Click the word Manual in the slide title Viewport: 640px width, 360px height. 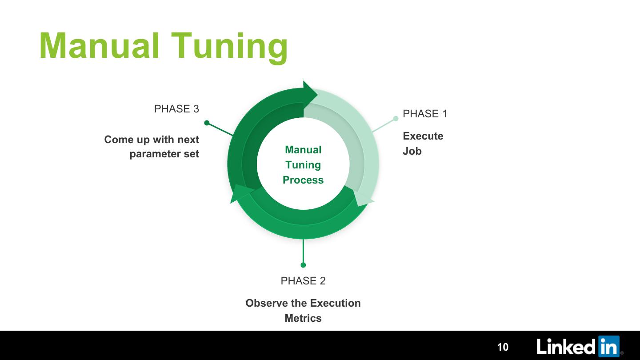point(99,46)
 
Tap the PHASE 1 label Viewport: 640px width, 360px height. point(425,114)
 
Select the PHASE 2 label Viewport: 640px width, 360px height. point(303,281)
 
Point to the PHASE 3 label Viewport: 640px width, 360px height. point(176,109)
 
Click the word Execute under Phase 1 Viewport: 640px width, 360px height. point(423,136)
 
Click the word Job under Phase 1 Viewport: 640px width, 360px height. point(412,151)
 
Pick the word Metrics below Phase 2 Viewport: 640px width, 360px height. point(303,318)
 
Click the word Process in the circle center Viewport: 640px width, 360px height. point(303,180)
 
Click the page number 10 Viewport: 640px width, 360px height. point(503,347)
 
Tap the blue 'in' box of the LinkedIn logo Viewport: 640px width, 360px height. point(608,347)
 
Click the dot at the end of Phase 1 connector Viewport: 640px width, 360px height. point(396,118)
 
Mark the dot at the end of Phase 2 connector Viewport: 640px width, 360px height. point(303,265)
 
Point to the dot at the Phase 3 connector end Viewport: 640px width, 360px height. point(207,123)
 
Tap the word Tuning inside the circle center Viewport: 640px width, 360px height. point(303,165)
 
